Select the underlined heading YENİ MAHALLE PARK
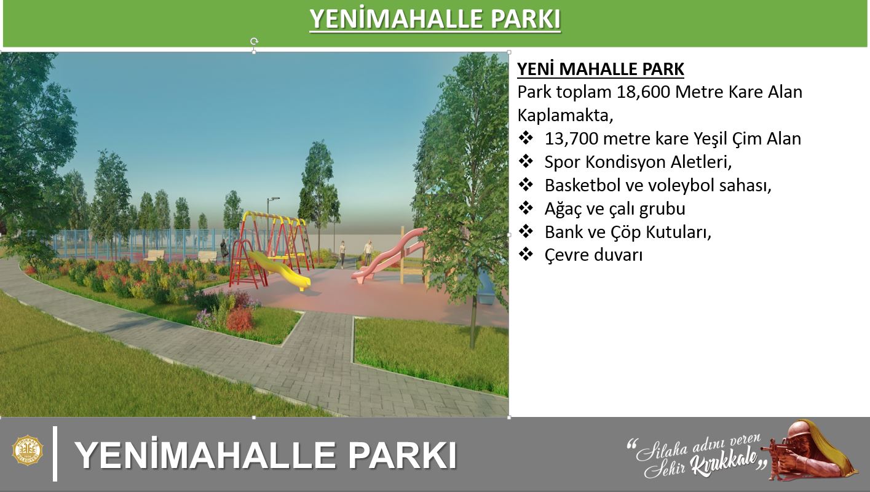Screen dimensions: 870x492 pos(601,69)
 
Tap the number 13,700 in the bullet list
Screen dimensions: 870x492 pos(571,139)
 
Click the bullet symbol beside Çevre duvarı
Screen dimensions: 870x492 pos(526,255)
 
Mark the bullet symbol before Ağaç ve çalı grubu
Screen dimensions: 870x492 pos(526,208)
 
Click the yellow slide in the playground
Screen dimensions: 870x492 pos(279,271)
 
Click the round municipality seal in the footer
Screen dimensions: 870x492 pos(28,451)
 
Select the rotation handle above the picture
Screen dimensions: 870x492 pos(254,41)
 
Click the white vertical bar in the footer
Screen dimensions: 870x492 pos(55,453)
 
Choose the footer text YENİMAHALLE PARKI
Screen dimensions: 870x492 pos(266,455)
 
